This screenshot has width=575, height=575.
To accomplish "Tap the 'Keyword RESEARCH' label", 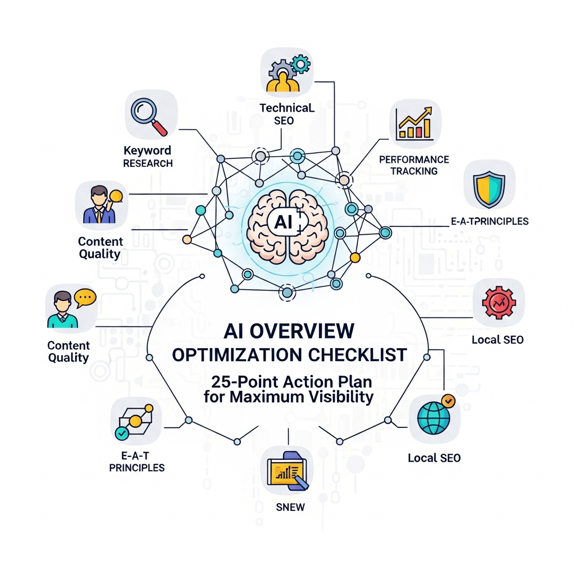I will pyautogui.click(x=148, y=157).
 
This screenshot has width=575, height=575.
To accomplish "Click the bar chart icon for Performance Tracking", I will pyautogui.click(x=415, y=124).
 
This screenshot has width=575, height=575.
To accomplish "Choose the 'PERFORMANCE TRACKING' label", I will pyautogui.click(x=414, y=165).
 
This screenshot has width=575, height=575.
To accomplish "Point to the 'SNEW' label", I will pyautogui.click(x=291, y=507).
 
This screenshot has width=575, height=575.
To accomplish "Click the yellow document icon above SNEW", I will pyautogui.click(x=288, y=470).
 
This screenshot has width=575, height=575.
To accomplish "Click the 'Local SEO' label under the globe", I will pyautogui.click(x=434, y=458).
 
